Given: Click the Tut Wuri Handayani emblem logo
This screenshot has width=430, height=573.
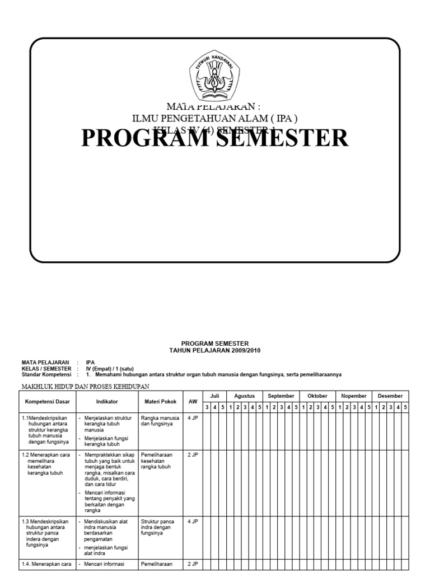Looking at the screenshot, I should (215, 77).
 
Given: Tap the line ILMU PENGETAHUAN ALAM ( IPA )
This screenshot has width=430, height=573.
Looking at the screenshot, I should (215, 118).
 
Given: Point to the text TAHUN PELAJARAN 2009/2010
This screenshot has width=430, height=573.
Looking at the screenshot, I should (215, 350).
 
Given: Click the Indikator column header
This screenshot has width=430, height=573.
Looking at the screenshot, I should (107, 401).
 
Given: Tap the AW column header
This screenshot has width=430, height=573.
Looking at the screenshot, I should (193, 401).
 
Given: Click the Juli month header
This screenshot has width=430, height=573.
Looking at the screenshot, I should (214, 396).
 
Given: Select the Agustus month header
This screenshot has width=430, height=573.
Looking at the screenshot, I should (245, 396).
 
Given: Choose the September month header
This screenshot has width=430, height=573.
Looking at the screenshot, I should (281, 396).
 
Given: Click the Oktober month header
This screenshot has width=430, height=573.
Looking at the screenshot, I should (317, 396).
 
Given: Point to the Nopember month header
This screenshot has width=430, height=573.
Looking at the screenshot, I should (354, 396).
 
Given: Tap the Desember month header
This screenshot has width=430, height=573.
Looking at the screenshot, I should (390, 396).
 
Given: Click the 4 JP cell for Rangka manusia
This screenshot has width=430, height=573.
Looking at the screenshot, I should (193, 418).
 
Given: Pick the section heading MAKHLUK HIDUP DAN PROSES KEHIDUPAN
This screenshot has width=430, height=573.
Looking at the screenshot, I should (86, 386).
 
